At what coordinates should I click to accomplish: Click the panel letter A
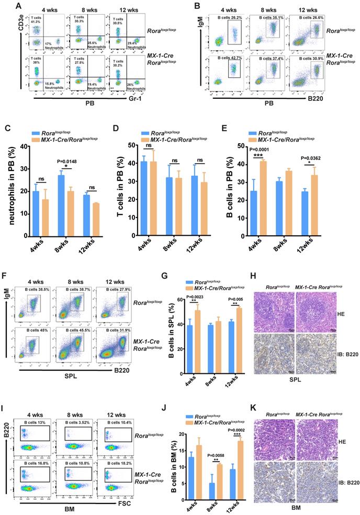click(19, 6)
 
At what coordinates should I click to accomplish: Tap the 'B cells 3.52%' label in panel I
click(74, 406)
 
